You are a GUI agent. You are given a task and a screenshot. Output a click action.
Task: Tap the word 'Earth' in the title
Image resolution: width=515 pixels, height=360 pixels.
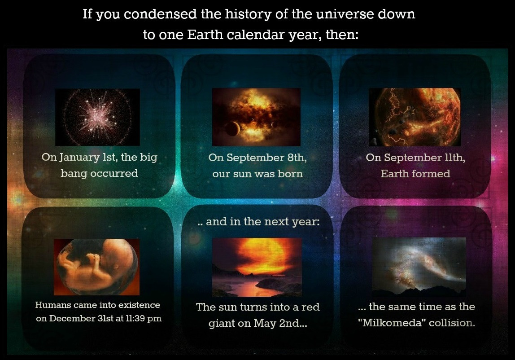tap(205, 35)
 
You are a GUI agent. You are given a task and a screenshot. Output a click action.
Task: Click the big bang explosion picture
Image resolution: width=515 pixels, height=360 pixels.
tap(97, 117)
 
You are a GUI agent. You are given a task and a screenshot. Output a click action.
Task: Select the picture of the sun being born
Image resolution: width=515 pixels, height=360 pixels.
tap(256, 117)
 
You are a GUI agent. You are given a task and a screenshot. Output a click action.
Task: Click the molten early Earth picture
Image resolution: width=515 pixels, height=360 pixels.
tap(415, 117)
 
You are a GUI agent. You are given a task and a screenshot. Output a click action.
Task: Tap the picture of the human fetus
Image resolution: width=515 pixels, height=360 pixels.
tap(96, 267)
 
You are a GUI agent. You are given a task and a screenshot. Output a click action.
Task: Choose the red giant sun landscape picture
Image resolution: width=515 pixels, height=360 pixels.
tap(257, 267)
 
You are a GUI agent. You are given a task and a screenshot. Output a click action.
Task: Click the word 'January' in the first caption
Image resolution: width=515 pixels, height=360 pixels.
tap(79, 158)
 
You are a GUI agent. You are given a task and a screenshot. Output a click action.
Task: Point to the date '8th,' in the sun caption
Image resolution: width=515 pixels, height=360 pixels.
tap(297, 158)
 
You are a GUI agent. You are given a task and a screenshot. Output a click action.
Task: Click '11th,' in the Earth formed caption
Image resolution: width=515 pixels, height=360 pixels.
tap(455, 158)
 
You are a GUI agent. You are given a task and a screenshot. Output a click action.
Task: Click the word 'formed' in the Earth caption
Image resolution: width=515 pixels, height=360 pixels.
tap(432, 174)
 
